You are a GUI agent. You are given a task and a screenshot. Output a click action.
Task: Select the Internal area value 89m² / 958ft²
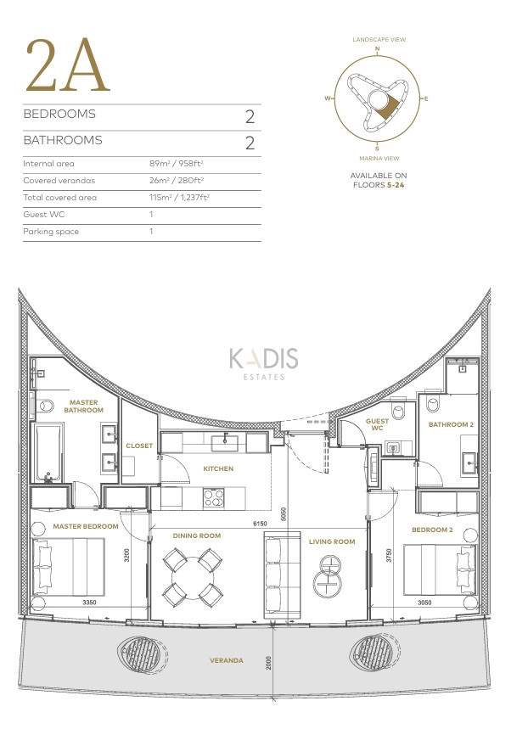coord(176,163)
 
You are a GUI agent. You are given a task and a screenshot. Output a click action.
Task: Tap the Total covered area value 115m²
coord(178,197)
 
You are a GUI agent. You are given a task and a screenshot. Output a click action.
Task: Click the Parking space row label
coord(51,231)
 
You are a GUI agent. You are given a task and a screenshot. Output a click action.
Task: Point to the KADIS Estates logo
coord(263,363)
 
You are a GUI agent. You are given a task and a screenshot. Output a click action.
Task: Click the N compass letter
coord(377,49)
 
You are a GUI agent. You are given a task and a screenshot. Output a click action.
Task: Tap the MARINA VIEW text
coord(377,159)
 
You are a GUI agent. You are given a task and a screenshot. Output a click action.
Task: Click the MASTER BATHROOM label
coord(83,407)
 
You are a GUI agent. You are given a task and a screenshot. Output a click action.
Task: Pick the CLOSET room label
coord(139,445)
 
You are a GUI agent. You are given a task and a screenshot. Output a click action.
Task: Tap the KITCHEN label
coord(217,468)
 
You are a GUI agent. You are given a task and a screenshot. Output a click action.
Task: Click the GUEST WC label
coord(377,424)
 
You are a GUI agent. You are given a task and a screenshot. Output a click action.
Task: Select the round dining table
coord(192,575)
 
